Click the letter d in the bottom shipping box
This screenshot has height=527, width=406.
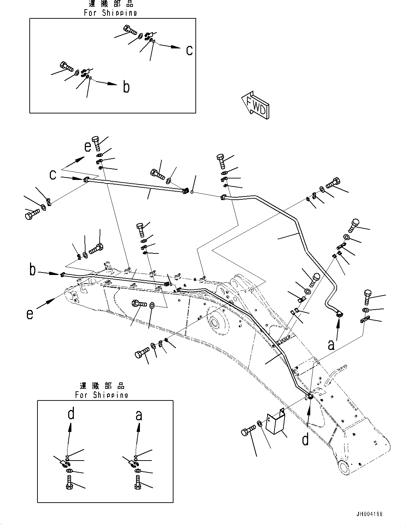71,414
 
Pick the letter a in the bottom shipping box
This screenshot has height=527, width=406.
139,414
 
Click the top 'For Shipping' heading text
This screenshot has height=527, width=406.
110,13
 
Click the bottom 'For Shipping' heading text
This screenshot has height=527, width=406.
102,395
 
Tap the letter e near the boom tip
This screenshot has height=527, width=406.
30,313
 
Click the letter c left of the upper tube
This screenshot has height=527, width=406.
53,175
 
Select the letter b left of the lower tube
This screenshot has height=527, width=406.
33,270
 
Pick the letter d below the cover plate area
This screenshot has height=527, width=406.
306,439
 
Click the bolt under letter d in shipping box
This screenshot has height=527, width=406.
69,483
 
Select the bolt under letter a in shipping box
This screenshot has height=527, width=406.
137,483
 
